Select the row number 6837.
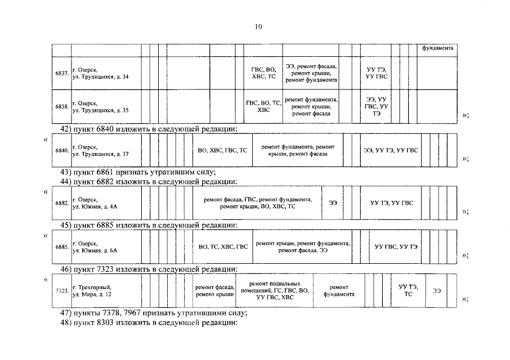[x=62, y=74]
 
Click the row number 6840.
[x=62, y=151]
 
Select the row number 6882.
[x=62, y=203]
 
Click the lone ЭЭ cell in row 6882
[x=333, y=203]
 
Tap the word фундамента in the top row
[x=438, y=48]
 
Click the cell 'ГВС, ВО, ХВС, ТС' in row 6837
[x=263, y=74]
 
